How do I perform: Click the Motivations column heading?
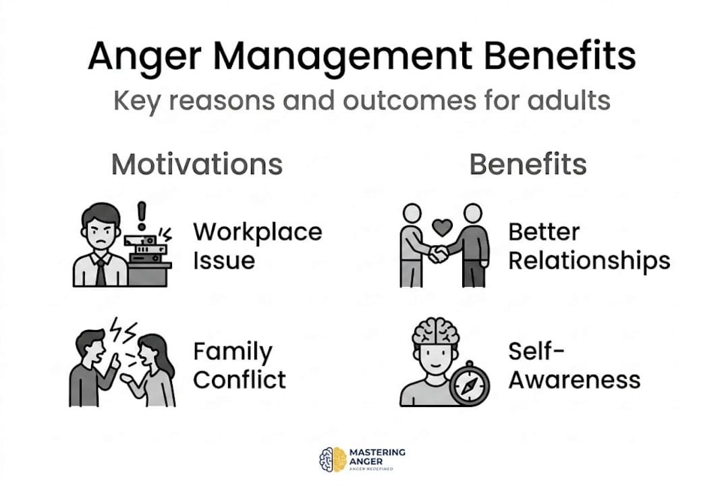[196, 165]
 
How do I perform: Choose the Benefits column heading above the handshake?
[528, 165]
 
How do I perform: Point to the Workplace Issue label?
[257, 246]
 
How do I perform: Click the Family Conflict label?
[240, 365]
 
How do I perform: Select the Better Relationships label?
[588, 246]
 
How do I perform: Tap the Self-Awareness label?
[574, 365]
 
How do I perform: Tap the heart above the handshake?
[443, 227]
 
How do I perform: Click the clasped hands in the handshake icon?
[439, 254]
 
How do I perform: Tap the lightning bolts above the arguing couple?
[124, 330]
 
